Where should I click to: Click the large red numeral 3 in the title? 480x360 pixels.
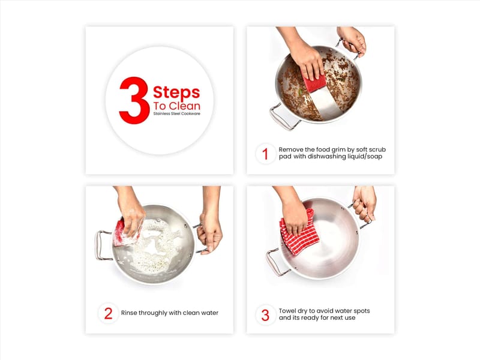[134, 100]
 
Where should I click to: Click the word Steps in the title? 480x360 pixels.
[176, 92]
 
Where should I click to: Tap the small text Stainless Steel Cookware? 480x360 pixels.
[176, 113]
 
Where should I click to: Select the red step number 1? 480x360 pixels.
[265, 154]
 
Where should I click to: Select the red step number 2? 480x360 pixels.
[109, 313]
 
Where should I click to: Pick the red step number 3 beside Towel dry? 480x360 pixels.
[265, 316]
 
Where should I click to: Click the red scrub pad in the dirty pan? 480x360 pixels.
[316, 82]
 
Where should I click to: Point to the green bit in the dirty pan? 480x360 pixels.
[301, 91]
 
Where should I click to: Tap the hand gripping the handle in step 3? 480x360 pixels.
[365, 203]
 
